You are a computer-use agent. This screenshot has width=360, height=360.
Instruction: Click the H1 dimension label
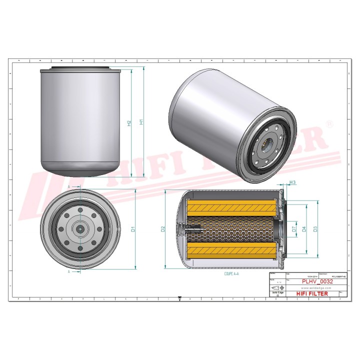142,122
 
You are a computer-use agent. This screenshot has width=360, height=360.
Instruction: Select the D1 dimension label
133,229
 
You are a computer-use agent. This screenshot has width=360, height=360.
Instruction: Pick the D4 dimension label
304,229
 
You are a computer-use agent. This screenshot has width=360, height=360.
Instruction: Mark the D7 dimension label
293,229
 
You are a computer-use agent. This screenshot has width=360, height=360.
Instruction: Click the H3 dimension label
294,183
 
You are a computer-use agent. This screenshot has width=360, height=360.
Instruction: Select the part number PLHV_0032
317,281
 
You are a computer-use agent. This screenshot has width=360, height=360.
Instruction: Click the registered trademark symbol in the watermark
329,123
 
